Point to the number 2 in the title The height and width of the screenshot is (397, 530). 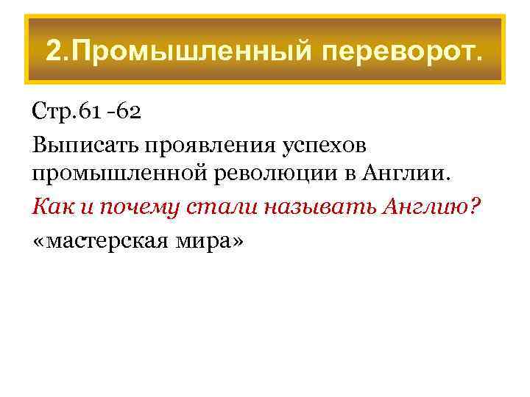point(53,51)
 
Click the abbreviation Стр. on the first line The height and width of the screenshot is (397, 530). point(53,112)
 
